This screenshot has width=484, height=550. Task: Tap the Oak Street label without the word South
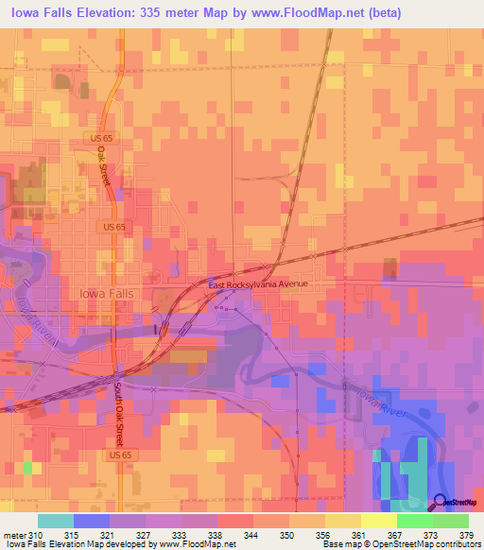104,169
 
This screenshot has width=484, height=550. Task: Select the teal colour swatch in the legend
56,521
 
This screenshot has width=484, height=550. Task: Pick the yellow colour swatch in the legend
379,521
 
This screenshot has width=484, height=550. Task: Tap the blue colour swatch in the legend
92,521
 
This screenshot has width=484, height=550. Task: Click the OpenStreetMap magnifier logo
441,501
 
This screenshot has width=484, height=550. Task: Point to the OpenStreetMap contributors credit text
434,544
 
